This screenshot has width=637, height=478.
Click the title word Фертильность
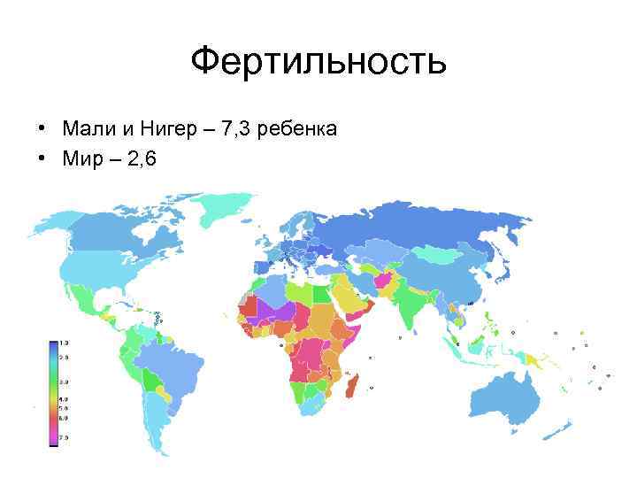point(318,62)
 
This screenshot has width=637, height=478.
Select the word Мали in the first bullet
point(87,129)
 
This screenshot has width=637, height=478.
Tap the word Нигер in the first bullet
point(166,129)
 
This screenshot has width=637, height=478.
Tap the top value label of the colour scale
point(64,343)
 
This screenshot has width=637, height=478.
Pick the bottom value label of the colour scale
point(64,438)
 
